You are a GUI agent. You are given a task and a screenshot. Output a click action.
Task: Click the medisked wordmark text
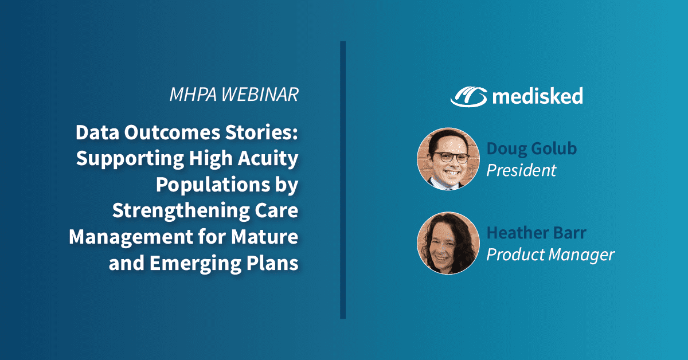click(537, 96)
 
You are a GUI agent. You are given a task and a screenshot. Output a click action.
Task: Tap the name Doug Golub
click(531, 148)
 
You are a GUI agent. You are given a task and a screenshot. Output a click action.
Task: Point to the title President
click(521, 170)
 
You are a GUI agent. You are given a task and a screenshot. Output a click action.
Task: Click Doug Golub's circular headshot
click(448, 159)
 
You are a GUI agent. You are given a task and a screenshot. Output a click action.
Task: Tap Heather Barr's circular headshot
click(448, 243)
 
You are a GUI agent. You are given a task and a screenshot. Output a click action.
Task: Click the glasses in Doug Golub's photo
click(448, 155)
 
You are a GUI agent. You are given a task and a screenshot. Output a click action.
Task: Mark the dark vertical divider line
click(343, 179)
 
